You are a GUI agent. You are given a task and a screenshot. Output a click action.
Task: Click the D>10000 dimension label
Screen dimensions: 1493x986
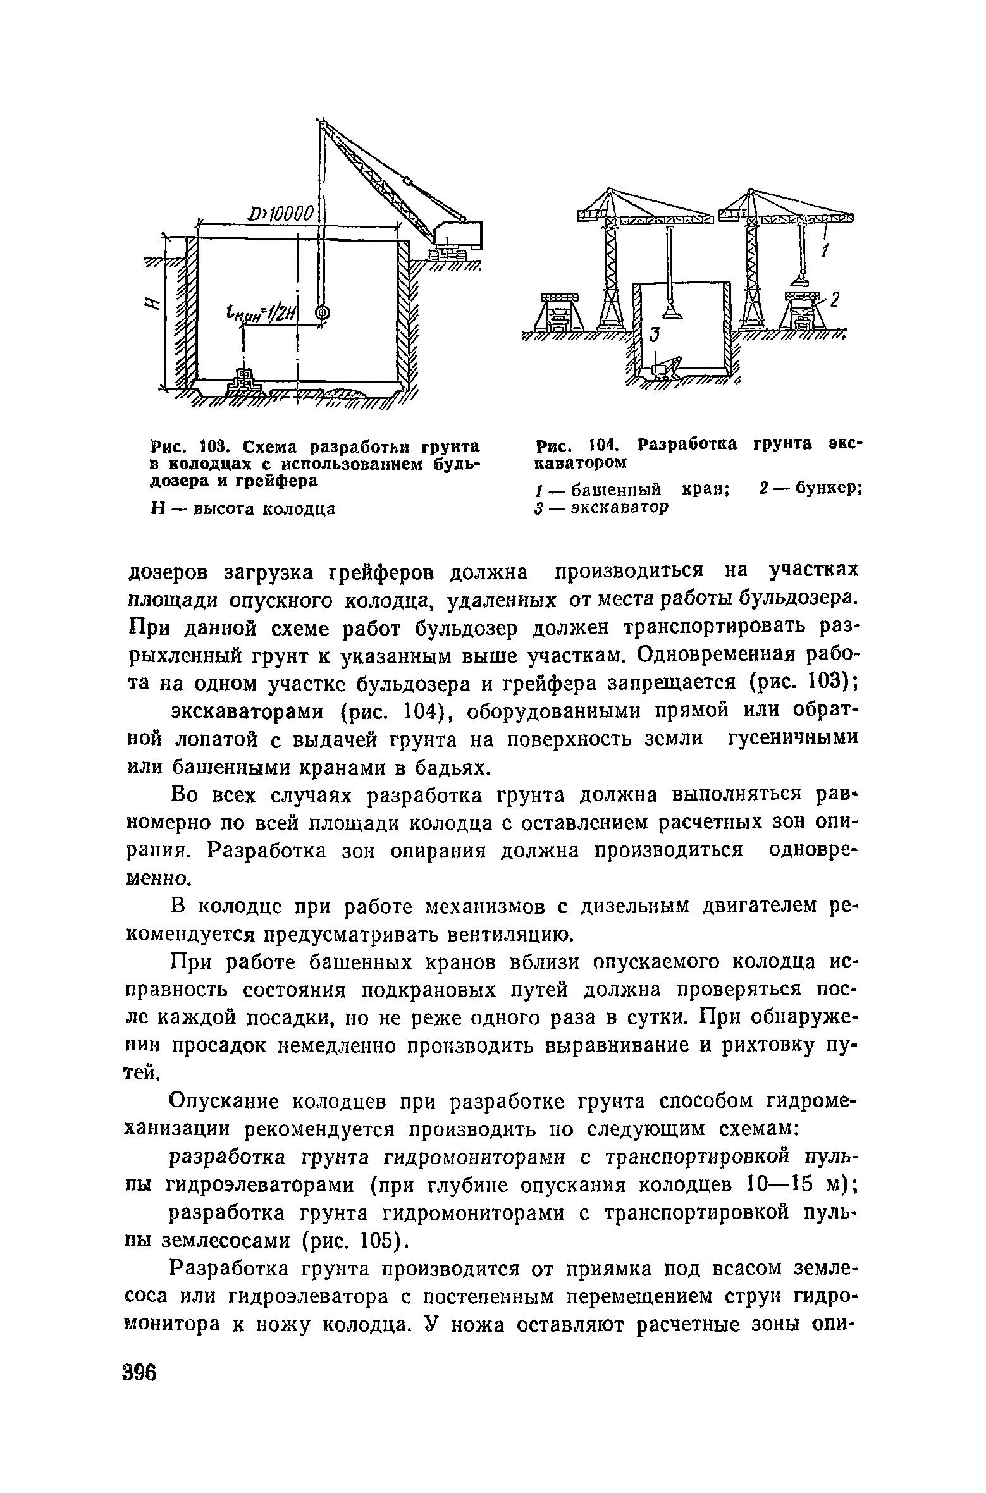click(x=283, y=214)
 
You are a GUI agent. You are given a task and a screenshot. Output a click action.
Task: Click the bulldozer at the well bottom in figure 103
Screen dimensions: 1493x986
click(x=243, y=381)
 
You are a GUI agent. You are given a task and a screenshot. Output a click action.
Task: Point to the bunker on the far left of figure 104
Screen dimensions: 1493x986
click(x=559, y=312)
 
